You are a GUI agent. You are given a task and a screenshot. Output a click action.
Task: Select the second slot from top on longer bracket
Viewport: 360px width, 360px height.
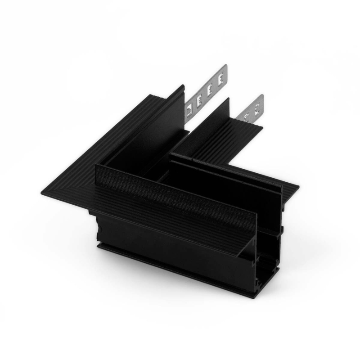pyautogui.click(x=210, y=89)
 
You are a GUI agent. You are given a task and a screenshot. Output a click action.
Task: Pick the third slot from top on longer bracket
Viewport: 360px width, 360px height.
pyautogui.click(x=199, y=99)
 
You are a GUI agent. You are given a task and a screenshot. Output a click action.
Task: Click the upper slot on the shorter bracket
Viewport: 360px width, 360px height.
pyautogui.click(x=257, y=107)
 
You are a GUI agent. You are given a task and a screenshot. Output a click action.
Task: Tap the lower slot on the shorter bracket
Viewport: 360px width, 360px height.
pyautogui.click(x=247, y=116)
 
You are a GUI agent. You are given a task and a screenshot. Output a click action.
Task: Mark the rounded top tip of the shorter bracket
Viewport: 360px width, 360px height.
pyautogui.click(x=261, y=97)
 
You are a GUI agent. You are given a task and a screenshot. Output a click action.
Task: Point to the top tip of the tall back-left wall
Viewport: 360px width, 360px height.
pyautogui.click(x=183, y=86)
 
